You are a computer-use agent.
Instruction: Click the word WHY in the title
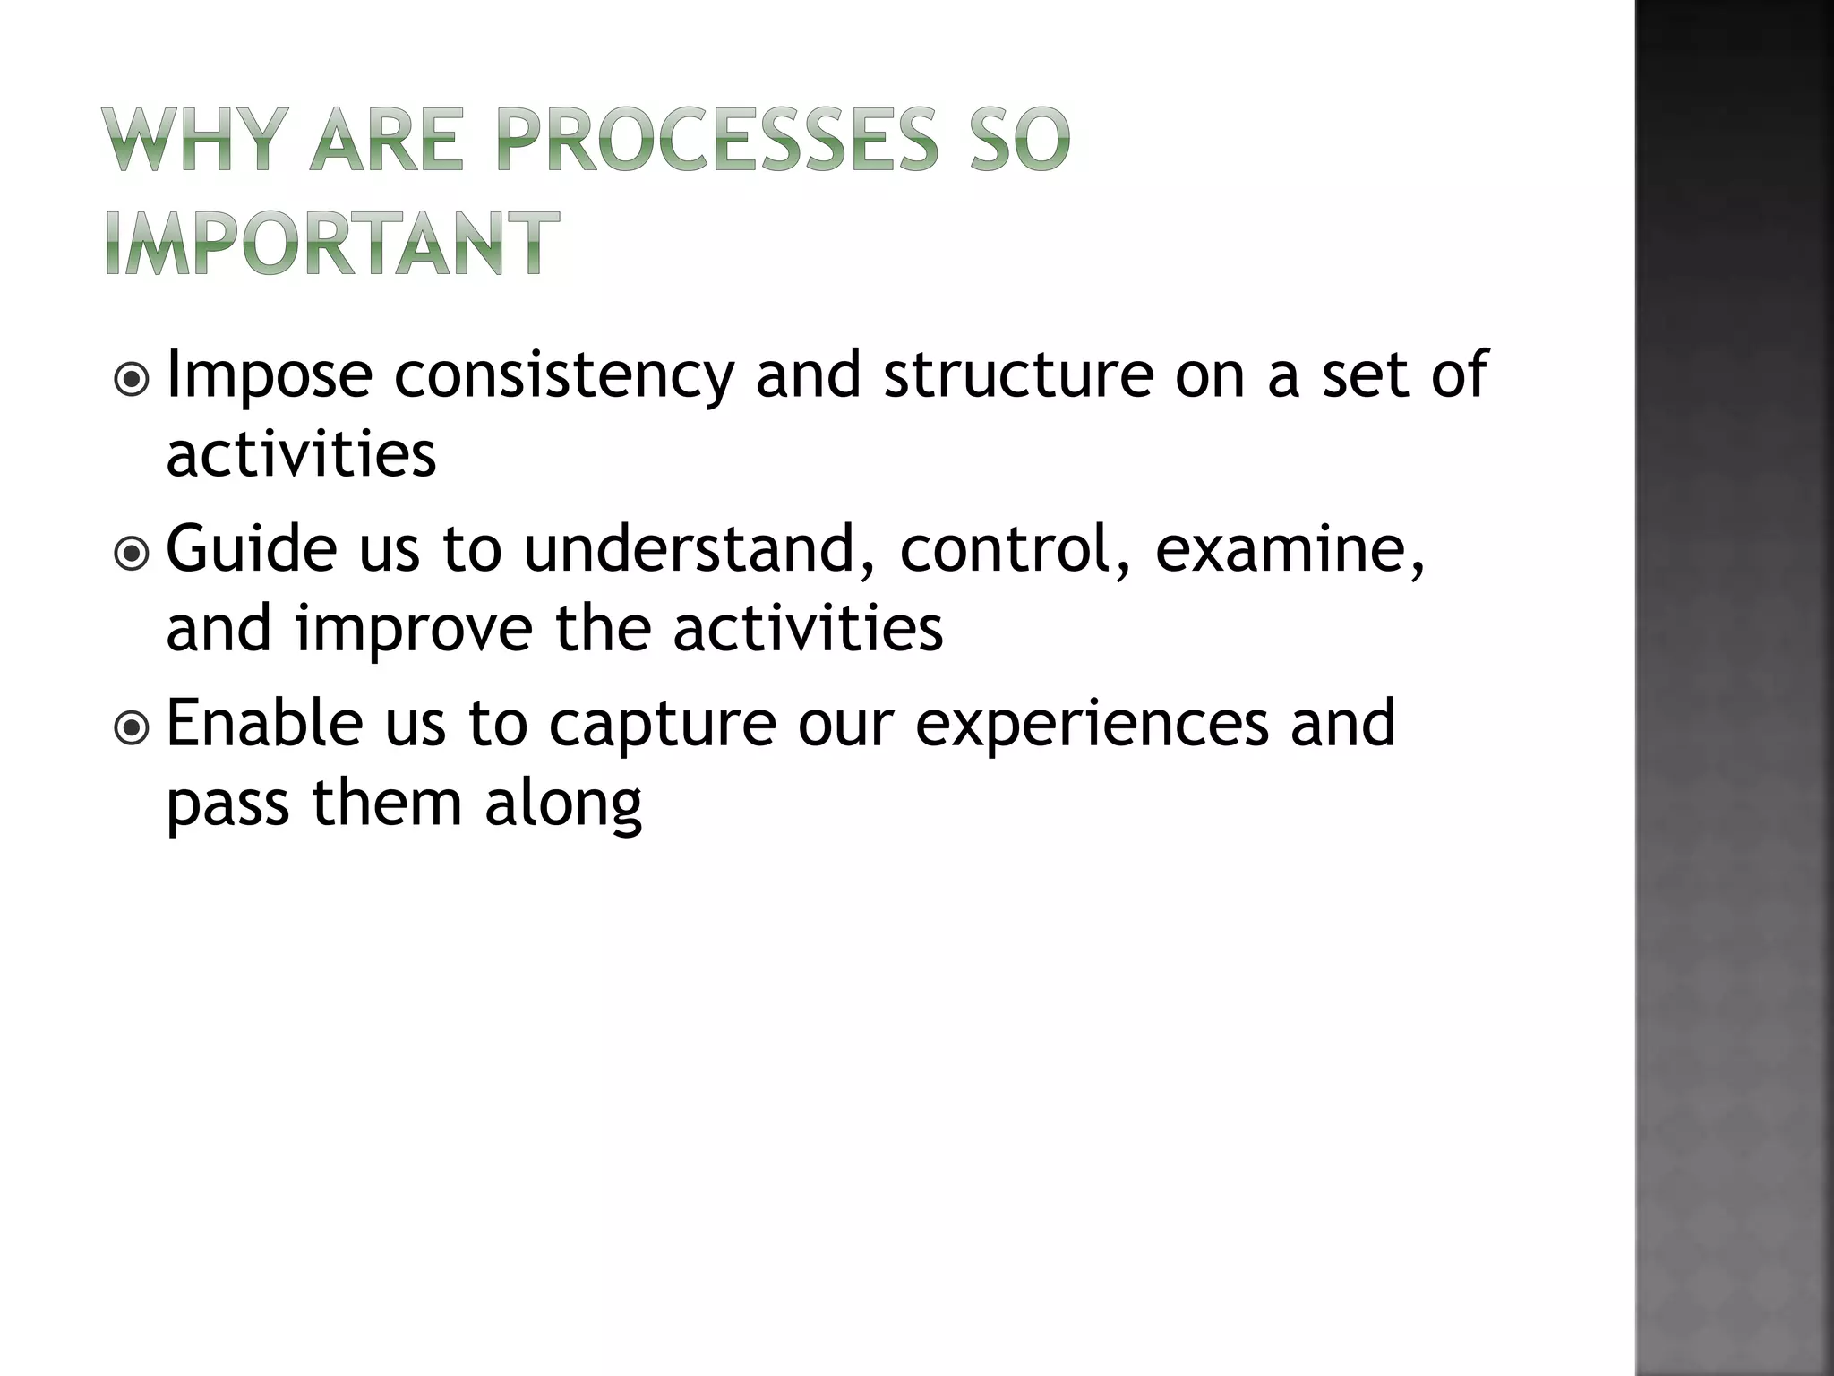193,140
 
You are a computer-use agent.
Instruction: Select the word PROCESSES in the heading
717,140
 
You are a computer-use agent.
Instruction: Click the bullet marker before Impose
133,381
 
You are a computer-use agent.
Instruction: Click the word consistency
564,376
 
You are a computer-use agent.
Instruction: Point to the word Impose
270,376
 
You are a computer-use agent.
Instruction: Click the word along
563,804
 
